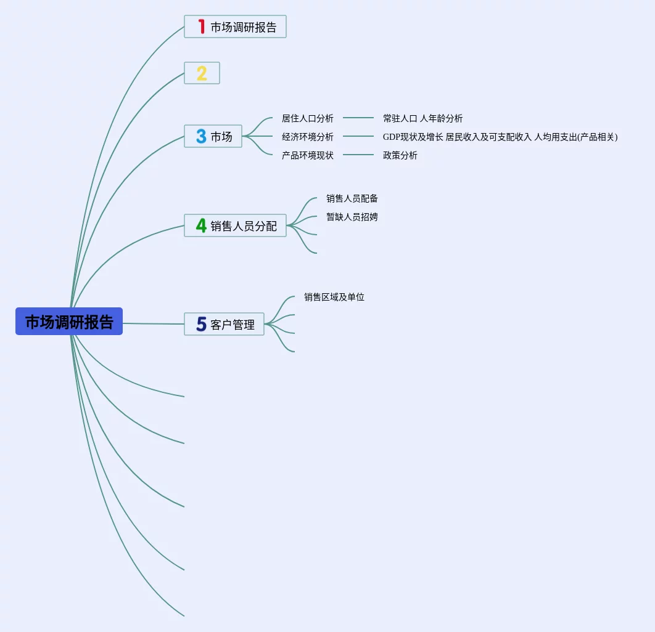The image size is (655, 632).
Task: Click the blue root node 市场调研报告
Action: pos(69,321)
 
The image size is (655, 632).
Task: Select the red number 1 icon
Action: pos(201,26)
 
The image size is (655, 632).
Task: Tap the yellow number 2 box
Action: pos(202,73)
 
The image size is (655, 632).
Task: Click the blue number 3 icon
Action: pos(201,136)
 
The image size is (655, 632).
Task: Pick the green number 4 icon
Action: pos(201,225)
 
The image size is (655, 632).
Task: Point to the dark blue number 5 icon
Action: pos(201,324)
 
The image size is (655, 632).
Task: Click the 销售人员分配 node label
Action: pos(244,226)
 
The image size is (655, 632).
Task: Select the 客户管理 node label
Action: pos(233,325)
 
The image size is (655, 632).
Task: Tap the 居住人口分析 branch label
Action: pos(307,118)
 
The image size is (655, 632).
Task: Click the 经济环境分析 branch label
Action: pos(307,137)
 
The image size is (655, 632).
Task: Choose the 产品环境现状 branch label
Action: pos(307,155)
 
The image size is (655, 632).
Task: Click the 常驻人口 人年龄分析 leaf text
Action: pos(422,118)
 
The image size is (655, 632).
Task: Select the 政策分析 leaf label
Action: pos(400,155)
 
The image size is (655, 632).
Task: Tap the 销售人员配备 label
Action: pos(352,198)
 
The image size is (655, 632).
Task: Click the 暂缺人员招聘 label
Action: pos(352,217)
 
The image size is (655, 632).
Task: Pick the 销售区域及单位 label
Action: pos(334,297)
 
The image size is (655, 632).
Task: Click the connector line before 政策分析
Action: pos(358,155)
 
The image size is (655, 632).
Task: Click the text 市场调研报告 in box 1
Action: pos(244,27)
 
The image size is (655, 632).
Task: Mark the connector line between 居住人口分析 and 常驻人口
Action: pos(358,118)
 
